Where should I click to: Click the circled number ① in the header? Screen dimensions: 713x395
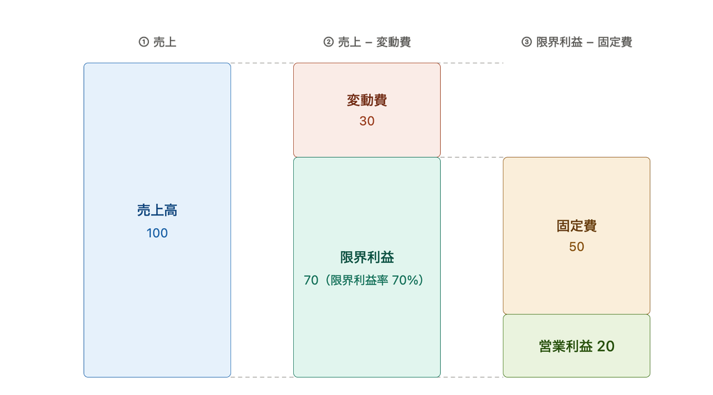(143, 42)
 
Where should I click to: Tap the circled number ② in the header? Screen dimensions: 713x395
(329, 42)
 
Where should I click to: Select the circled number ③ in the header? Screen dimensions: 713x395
(526, 42)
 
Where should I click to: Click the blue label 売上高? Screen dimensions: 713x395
(157, 210)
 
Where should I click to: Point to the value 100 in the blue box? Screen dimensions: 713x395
(157, 233)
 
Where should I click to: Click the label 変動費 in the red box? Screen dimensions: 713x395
(367, 100)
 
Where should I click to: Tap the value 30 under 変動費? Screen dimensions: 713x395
(367, 121)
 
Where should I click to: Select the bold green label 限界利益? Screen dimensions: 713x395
(367, 257)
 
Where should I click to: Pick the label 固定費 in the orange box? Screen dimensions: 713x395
(577, 225)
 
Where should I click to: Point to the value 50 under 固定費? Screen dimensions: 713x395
(577, 247)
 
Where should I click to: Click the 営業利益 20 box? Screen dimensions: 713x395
(577, 346)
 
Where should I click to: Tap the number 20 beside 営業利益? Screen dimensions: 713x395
(606, 346)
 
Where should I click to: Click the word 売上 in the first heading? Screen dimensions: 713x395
(164, 42)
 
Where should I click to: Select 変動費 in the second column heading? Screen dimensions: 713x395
(394, 42)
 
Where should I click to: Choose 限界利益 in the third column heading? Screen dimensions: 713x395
(559, 42)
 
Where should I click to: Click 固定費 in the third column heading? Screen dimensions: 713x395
(615, 42)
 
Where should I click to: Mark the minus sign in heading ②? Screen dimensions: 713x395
(368, 42)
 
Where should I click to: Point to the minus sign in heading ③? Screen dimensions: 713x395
(590, 42)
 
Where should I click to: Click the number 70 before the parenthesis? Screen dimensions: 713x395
(311, 280)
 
